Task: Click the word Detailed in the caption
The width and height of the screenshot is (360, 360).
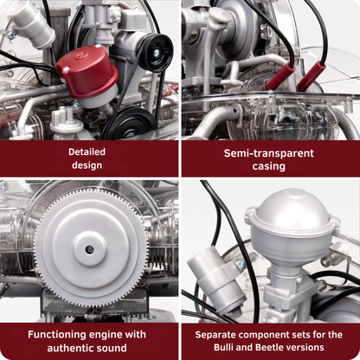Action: (x=87, y=150)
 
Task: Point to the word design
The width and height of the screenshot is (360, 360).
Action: (x=87, y=164)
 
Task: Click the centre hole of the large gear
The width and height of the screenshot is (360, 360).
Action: (x=89, y=249)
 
